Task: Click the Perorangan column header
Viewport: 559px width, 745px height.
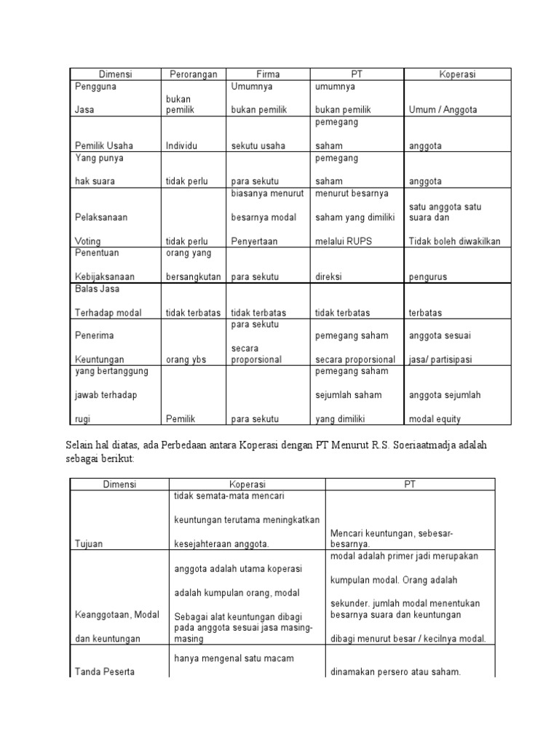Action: (195, 74)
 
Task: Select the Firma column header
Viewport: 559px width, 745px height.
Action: (268, 74)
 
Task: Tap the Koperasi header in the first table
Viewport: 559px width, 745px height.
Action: (457, 74)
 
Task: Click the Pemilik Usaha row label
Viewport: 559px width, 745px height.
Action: (103, 146)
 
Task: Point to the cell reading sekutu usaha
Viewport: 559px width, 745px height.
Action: (258, 146)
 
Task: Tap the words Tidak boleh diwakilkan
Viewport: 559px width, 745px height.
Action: (454, 242)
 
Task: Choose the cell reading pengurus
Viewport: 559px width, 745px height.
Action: (427, 277)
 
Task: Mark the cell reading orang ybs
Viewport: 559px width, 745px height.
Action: (186, 359)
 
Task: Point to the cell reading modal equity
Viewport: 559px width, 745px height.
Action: (435, 419)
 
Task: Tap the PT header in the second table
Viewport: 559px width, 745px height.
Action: (410, 484)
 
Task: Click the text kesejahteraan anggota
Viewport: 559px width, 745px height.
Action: (222, 543)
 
